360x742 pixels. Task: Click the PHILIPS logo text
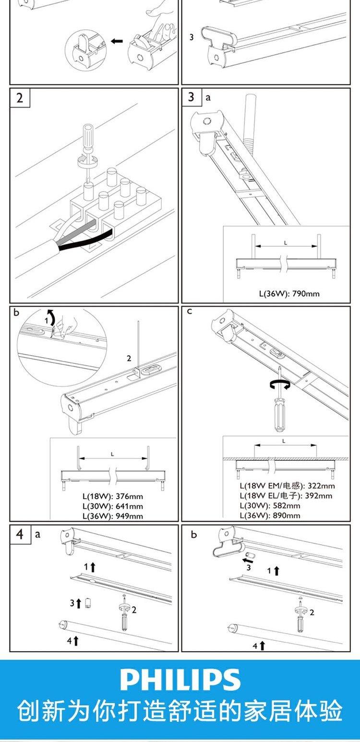180,680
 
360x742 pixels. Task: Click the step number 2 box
20,97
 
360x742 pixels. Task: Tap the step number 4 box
20,534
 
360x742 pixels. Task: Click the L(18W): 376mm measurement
112,496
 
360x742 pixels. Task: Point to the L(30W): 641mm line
112,506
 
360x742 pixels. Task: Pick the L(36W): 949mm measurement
112,516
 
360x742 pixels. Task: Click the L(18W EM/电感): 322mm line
287,486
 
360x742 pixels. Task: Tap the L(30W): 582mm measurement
270,505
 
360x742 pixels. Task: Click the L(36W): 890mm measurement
270,515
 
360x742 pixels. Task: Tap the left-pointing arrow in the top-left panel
117,41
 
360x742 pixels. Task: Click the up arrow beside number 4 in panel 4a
76,640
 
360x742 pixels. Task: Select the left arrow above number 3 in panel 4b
248,560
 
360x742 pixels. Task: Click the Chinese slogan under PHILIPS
180,711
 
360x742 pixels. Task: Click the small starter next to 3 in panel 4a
88,603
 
